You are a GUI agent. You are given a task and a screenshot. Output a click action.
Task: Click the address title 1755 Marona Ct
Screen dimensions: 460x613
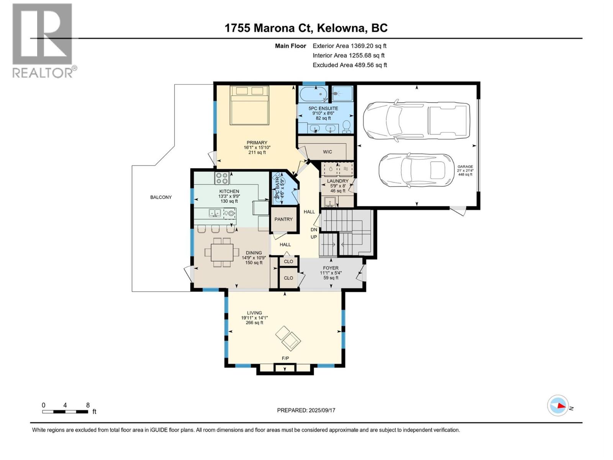point(306,28)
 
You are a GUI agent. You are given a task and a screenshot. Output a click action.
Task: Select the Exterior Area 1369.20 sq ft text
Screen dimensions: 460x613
point(349,46)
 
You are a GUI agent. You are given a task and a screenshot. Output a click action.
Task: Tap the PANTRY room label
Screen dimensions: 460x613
point(284,219)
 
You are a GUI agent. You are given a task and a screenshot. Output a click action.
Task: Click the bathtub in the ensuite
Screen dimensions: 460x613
point(313,94)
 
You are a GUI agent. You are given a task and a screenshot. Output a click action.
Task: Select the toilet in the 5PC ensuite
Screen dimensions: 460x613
point(346,125)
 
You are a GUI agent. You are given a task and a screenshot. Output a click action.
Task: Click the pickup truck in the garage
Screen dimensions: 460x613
point(416,120)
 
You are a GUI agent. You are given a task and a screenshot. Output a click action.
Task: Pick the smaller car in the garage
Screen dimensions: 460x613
point(416,169)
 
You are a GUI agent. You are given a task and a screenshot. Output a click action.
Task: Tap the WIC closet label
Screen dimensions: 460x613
point(327,152)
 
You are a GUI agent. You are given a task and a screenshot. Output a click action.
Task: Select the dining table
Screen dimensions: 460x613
point(222,252)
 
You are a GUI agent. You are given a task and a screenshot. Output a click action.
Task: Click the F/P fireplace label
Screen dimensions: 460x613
point(285,358)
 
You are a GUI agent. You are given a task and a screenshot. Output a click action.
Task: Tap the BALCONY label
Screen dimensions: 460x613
point(161,197)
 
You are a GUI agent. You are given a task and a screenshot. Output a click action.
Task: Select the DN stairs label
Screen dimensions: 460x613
point(314,230)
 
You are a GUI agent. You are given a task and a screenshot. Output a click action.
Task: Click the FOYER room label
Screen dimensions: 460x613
point(331,268)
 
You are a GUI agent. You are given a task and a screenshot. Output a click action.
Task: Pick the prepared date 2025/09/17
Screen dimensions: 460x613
point(306,410)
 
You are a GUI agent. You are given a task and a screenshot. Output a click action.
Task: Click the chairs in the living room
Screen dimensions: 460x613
point(288,338)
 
